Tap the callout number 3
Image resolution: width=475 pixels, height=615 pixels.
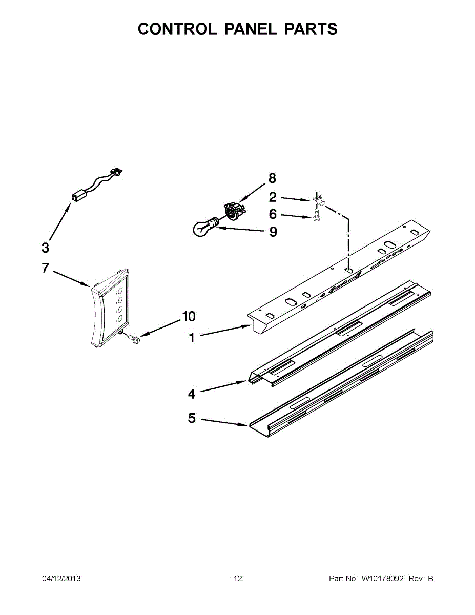pyautogui.click(x=46, y=248)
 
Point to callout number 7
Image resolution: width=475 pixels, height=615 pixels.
pyautogui.click(x=45, y=268)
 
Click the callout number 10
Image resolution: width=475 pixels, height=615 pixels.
pyautogui.click(x=189, y=317)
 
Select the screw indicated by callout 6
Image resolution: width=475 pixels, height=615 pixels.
pyautogui.click(x=317, y=217)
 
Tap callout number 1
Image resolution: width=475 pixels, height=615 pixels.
pyautogui.click(x=192, y=338)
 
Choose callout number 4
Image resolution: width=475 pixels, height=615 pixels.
pyautogui.click(x=192, y=394)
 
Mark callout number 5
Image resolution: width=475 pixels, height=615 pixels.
pyautogui.click(x=192, y=419)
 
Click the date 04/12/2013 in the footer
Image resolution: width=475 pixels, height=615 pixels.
pyautogui.click(x=61, y=579)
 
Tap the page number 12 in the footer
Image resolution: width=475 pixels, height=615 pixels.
pyautogui.click(x=238, y=579)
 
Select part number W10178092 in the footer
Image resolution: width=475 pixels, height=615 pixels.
pyautogui.click(x=383, y=579)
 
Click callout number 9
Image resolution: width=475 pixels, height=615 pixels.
pyautogui.click(x=273, y=232)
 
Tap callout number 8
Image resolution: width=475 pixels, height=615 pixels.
pyautogui.click(x=272, y=178)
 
